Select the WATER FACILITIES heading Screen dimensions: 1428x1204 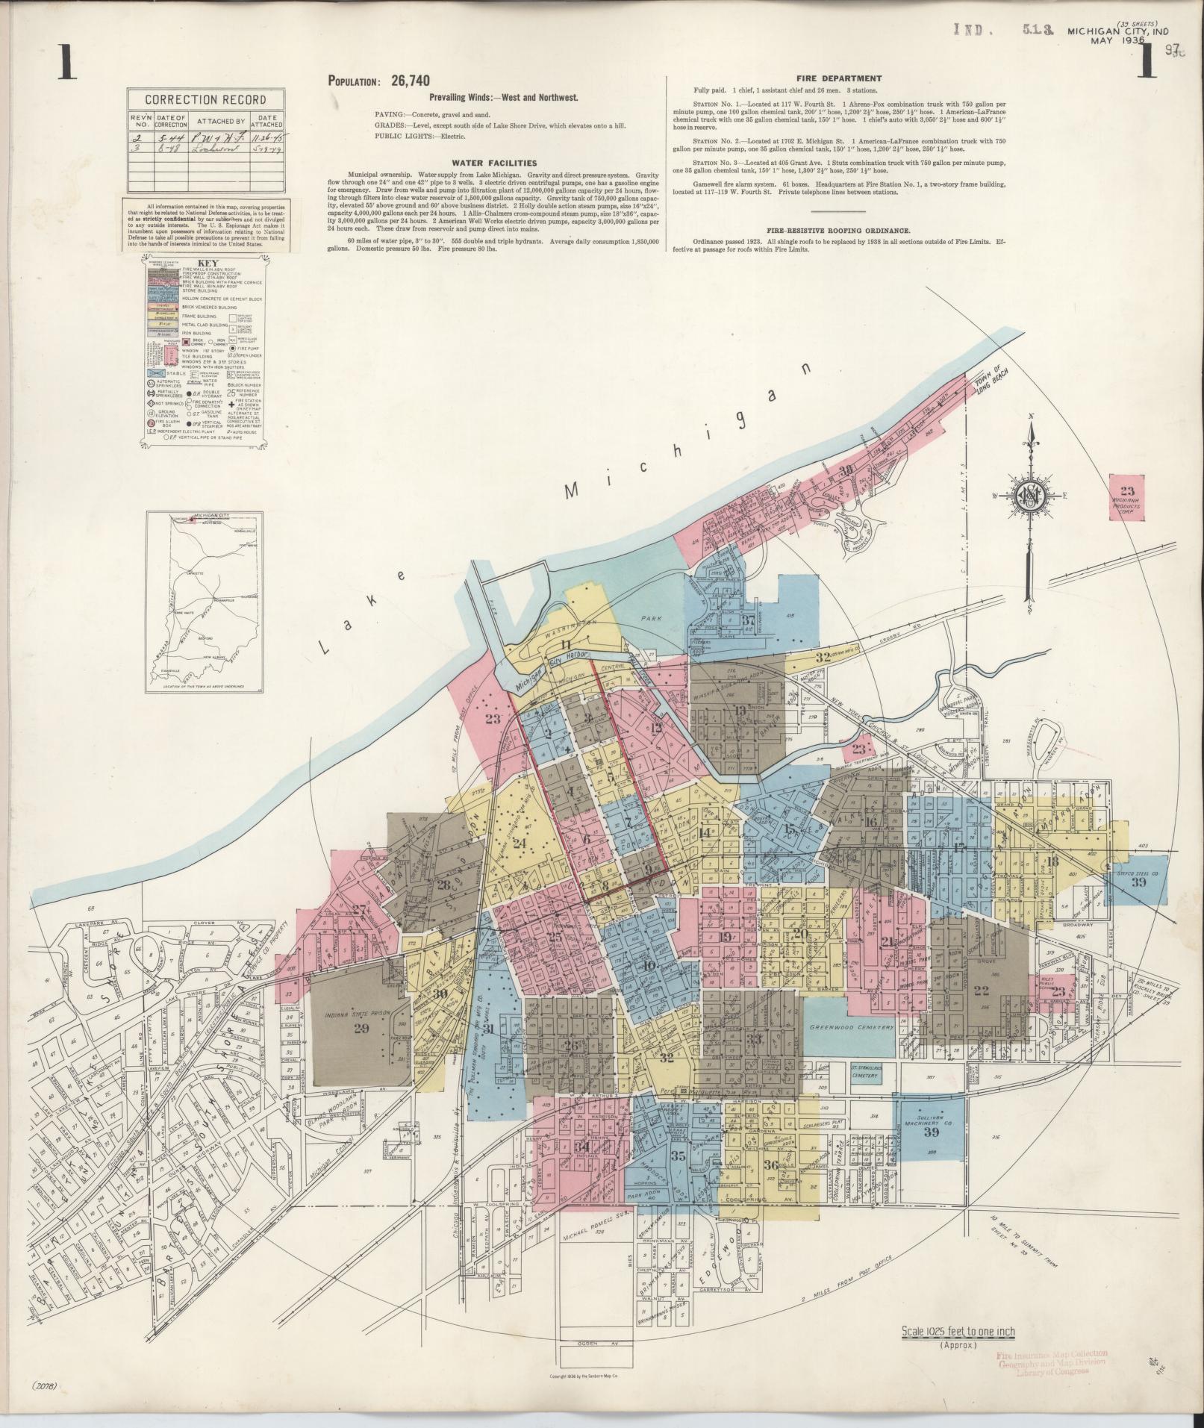point(494,163)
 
